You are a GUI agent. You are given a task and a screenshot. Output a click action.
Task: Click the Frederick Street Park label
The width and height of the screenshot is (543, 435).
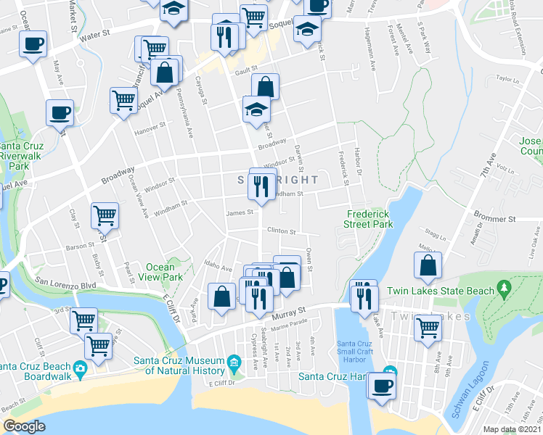tap(370, 219)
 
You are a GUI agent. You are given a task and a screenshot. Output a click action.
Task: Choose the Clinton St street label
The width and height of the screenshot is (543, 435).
tap(282, 232)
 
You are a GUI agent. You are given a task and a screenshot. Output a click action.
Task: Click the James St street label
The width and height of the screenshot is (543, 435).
tap(239, 213)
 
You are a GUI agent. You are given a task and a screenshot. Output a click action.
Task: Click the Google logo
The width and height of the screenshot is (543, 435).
tap(25, 426)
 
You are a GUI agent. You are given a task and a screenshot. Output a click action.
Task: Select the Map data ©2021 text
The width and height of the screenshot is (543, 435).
tap(512, 429)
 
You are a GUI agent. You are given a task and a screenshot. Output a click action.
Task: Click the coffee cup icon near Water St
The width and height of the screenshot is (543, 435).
tap(33, 43)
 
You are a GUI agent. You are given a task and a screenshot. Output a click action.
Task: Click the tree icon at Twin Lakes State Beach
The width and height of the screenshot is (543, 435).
tap(506, 290)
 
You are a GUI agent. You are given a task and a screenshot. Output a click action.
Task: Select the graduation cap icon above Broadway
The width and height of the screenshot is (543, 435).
tap(256, 109)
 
